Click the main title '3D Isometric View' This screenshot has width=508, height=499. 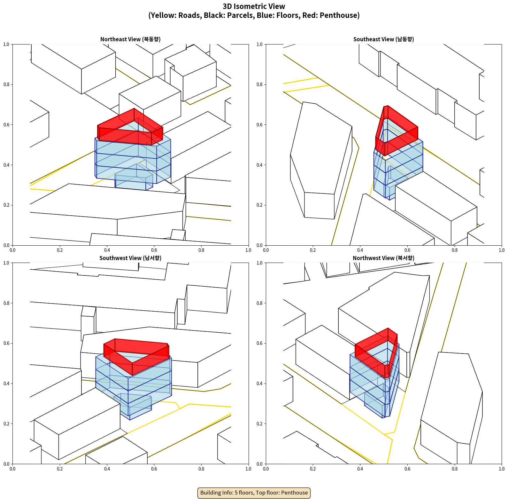pyautogui.click(x=254, y=6)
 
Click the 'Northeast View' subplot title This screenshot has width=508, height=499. pyautogui.click(x=130, y=39)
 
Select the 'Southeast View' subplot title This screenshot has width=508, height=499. pyautogui.click(x=383, y=39)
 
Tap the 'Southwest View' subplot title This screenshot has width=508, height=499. pyautogui.click(x=130, y=258)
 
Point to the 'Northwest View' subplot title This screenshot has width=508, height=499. pyautogui.click(x=383, y=258)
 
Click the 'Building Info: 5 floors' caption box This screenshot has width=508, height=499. pyautogui.click(x=254, y=493)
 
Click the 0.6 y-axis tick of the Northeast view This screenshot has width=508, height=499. pyautogui.click(x=6, y=125)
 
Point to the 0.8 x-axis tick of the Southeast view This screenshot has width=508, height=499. pyautogui.click(x=455, y=250)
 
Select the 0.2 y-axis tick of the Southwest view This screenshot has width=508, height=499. pyautogui.click(x=6, y=424)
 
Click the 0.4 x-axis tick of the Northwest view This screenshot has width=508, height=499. pyautogui.click(x=360, y=469)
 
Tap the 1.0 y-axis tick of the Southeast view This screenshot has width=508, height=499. pyautogui.click(x=259, y=44)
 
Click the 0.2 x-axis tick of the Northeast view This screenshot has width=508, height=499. pyautogui.click(x=60, y=250)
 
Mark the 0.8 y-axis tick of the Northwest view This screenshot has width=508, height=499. pyautogui.click(x=259, y=303)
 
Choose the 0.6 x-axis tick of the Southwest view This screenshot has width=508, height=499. pyautogui.click(x=154, y=469)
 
